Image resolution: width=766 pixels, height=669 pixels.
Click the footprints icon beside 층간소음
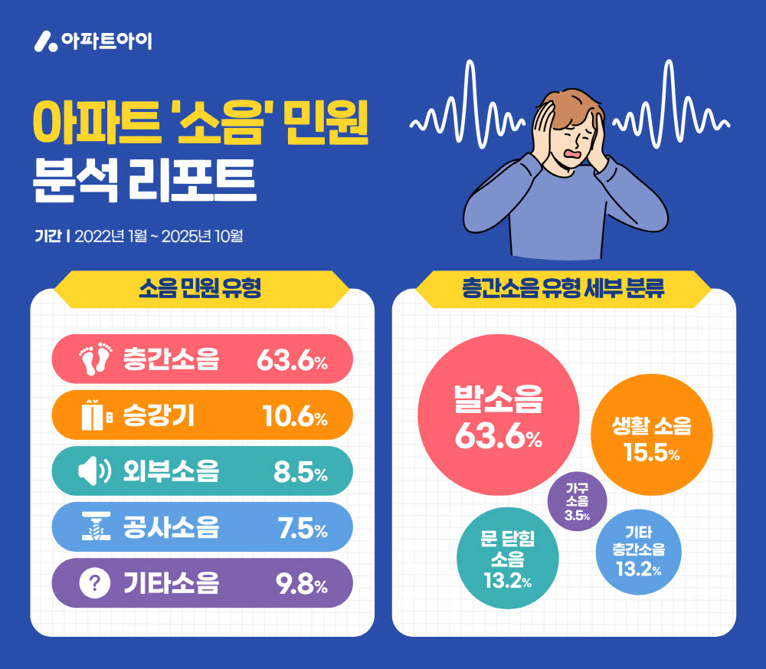tap(96, 359)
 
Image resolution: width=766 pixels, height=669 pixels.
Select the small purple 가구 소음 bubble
tap(578, 502)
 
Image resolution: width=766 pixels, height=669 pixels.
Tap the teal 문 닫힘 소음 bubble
tap(508, 559)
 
